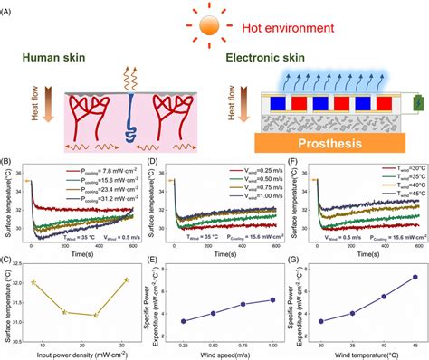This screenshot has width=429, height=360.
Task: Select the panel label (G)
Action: pyautogui.click(x=292, y=263)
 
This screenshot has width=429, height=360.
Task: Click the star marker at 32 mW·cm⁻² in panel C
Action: pyautogui.click(x=125, y=280)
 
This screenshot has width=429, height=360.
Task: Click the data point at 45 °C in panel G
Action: pyautogui.click(x=414, y=277)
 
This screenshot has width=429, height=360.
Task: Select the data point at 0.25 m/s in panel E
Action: pyautogui.click(x=184, y=321)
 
